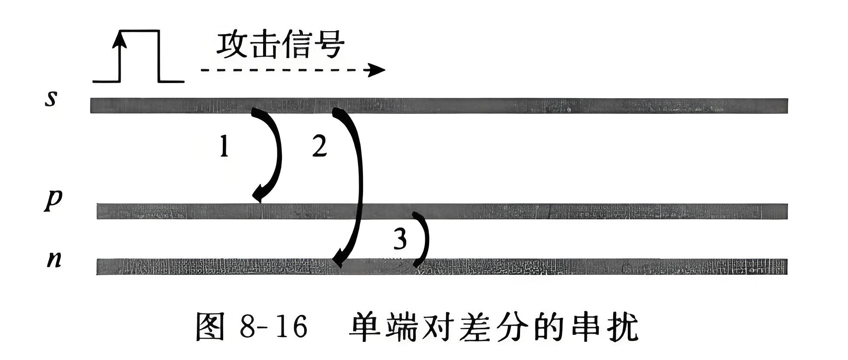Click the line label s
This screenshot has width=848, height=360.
click(51, 99)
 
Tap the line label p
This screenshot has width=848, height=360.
click(53, 200)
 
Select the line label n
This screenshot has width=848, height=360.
click(54, 259)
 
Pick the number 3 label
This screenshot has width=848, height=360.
click(400, 239)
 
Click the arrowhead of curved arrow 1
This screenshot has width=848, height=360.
click(259, 194)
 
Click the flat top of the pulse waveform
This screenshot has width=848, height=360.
click(139, 31)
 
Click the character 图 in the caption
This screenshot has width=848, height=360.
click(211, 327)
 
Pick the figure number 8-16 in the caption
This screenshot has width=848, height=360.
click(273, 327)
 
